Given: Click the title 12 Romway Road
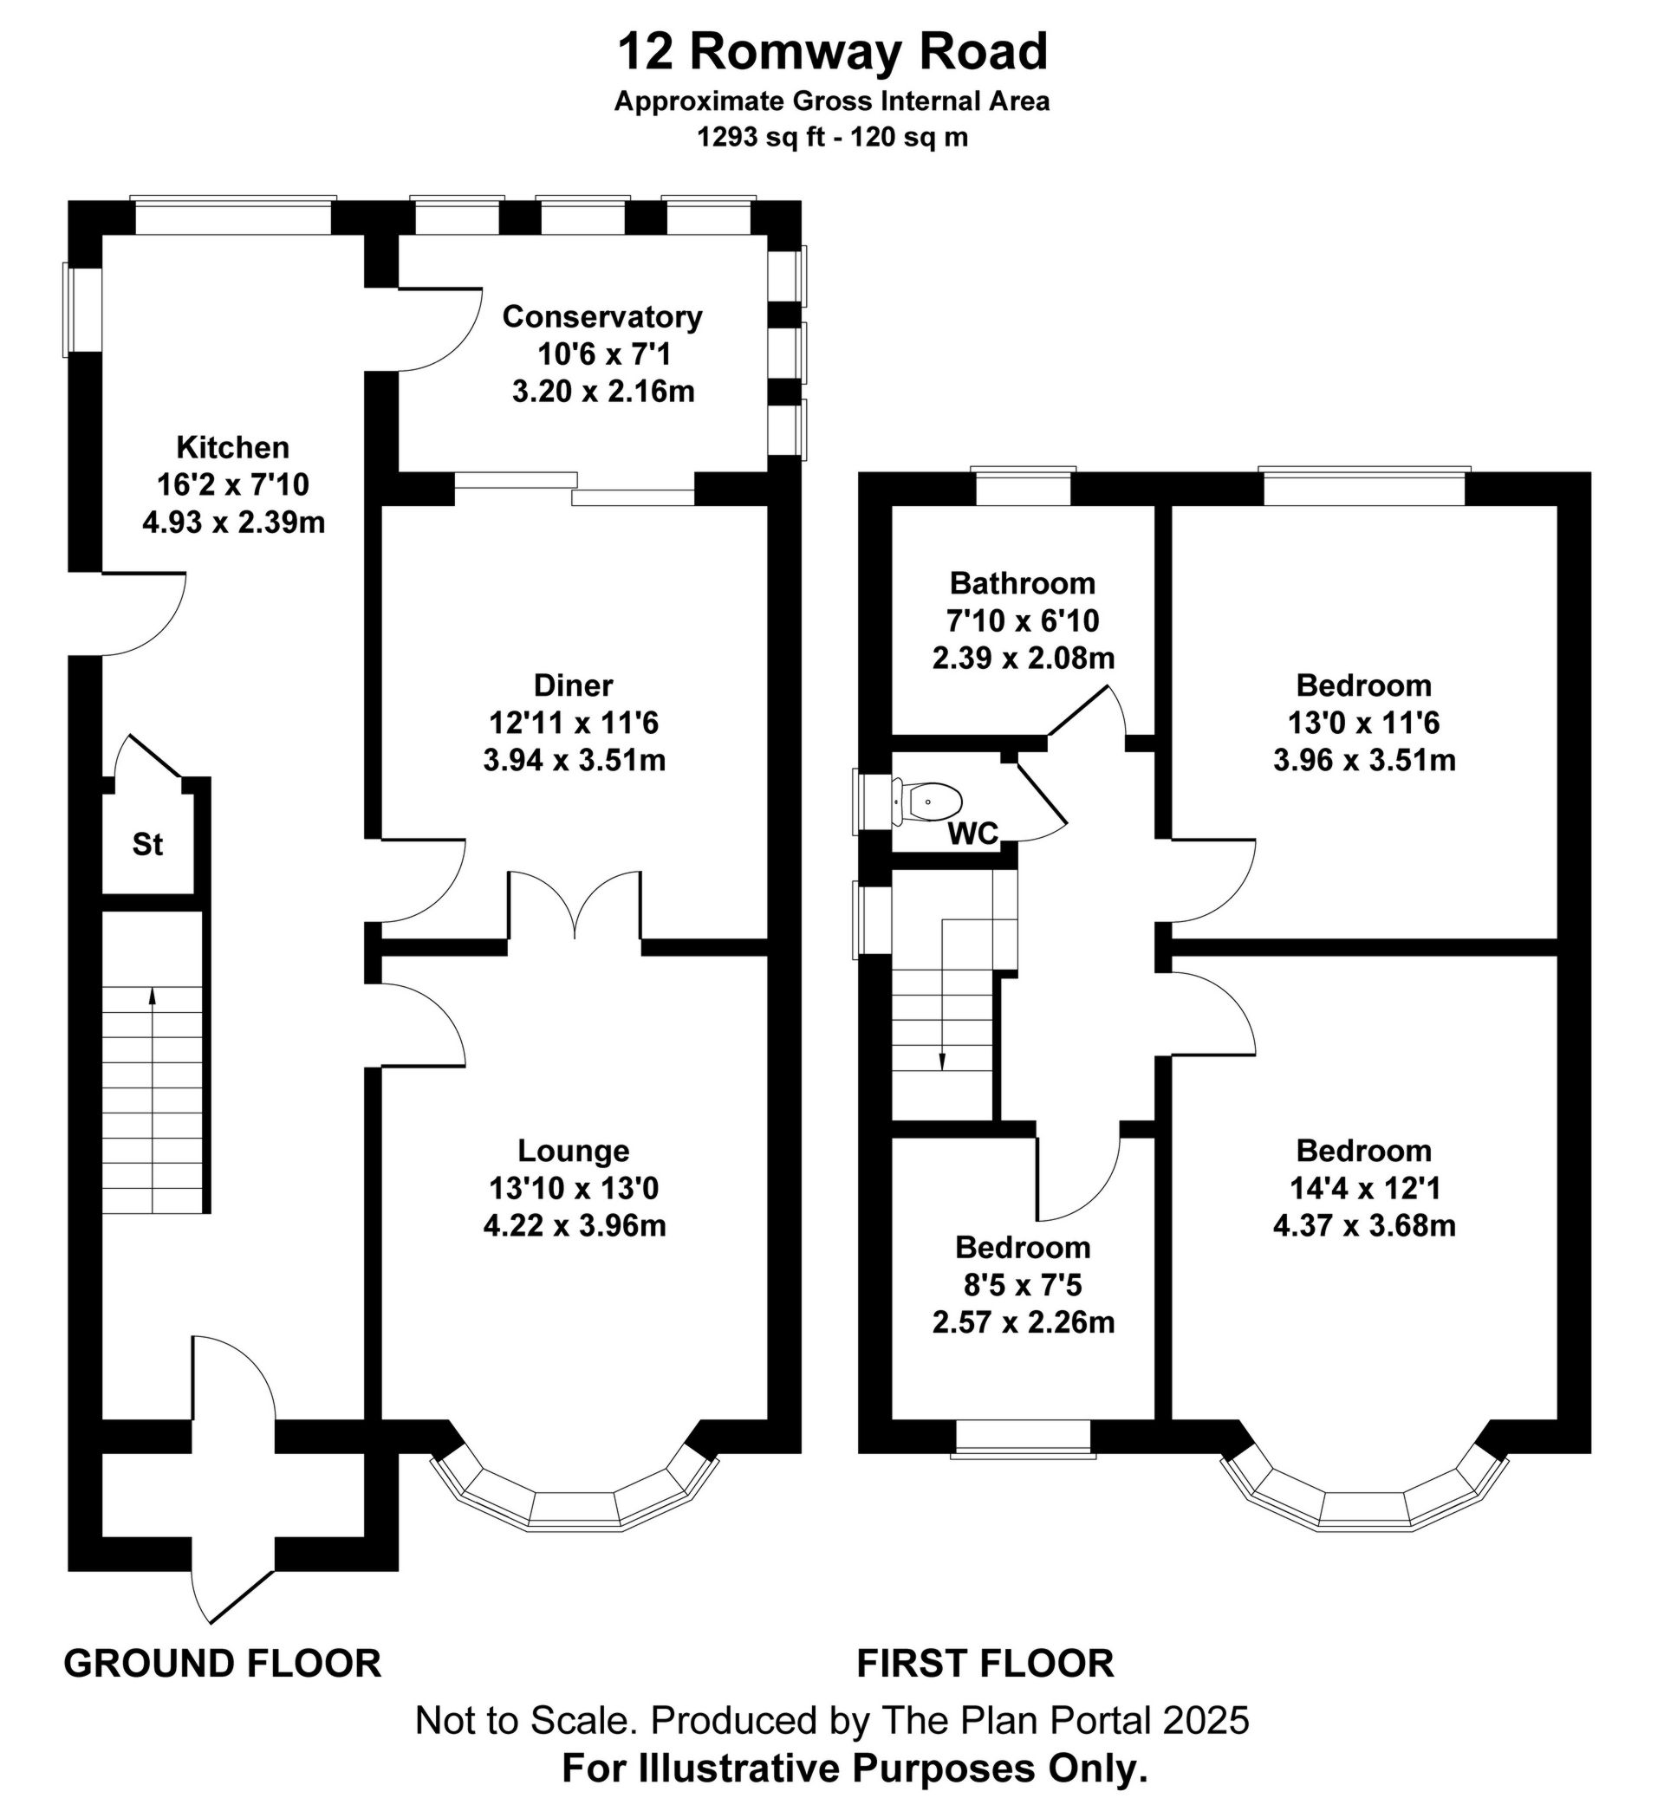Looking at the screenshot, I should [x=831, y=52].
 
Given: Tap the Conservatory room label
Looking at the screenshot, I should [x=601, y=317].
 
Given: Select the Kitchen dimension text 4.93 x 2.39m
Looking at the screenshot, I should [x=233, y=522].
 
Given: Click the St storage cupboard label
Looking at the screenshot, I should [x=147, y=844].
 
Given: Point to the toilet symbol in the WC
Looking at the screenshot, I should [x=932, y=800].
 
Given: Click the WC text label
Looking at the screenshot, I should [x=972, y=834].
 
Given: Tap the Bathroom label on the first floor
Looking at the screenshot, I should [x=1022, y=583].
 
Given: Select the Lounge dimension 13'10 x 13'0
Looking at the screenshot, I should [x=574, y=1188].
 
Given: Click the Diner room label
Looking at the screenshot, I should [x=574, y=685].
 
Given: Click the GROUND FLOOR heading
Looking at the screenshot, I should [x=223, y=1664].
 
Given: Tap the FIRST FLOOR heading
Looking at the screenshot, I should [x=985, y=1664].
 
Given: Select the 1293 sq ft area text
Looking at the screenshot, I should [x=761, y=138].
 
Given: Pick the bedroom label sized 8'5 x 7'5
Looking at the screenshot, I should [x=1023, y=1248].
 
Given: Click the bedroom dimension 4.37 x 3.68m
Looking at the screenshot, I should [x=1364, y=1226].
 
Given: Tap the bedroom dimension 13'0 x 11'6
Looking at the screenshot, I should [x=1364, y=723].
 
